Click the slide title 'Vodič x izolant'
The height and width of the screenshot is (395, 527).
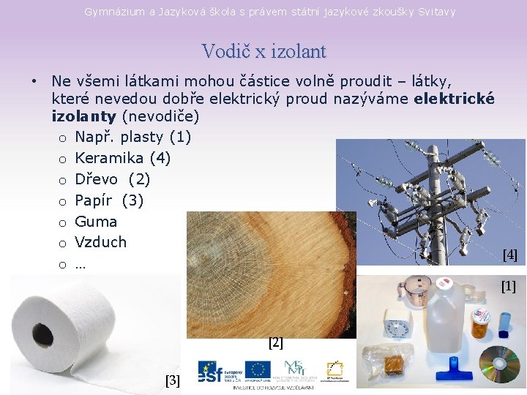point(263,51)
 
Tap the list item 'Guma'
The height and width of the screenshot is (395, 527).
point(96,221)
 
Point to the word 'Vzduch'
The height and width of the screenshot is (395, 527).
point(100,242)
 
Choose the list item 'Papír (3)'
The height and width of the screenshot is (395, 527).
point(109,200)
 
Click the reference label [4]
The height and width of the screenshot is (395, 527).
point(509,255)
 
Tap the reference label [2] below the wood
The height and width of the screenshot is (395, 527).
point(275,342)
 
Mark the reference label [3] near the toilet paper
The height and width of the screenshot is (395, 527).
point(173,380)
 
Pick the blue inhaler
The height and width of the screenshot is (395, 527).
point(505,322)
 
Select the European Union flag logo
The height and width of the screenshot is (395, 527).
point(258,370)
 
